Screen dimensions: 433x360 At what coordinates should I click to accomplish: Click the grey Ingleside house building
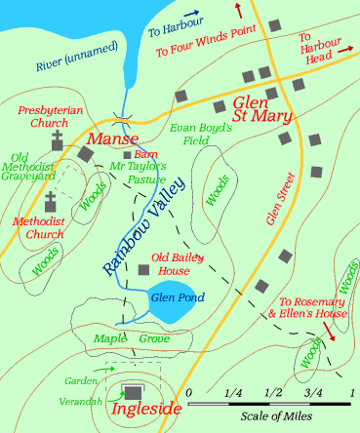pos(132,392)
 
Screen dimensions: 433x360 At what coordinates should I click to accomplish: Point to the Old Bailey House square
pos(142,269)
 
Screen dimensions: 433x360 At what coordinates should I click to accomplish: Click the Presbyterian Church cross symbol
pos(57,140)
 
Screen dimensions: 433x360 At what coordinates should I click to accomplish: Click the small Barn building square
pos(127,154)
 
